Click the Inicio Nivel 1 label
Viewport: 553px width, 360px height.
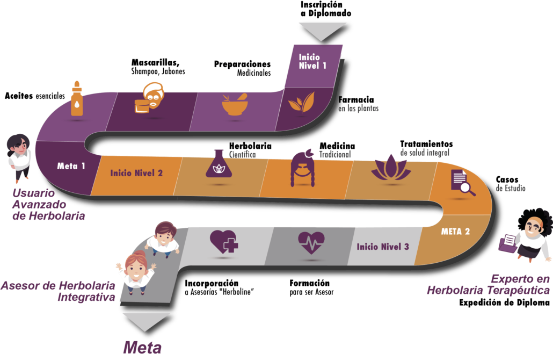coord(309,61)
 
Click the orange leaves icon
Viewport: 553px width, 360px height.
coord(301,102)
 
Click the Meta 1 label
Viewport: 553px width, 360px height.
coord(71,166)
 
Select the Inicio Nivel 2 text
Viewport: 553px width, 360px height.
coord(136,173)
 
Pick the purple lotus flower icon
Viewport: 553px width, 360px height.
coord(390,167)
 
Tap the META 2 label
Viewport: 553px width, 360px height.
coord(455,232)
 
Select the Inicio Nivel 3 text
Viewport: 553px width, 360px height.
coord(383,247)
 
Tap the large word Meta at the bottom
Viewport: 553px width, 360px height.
coord(142,347)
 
